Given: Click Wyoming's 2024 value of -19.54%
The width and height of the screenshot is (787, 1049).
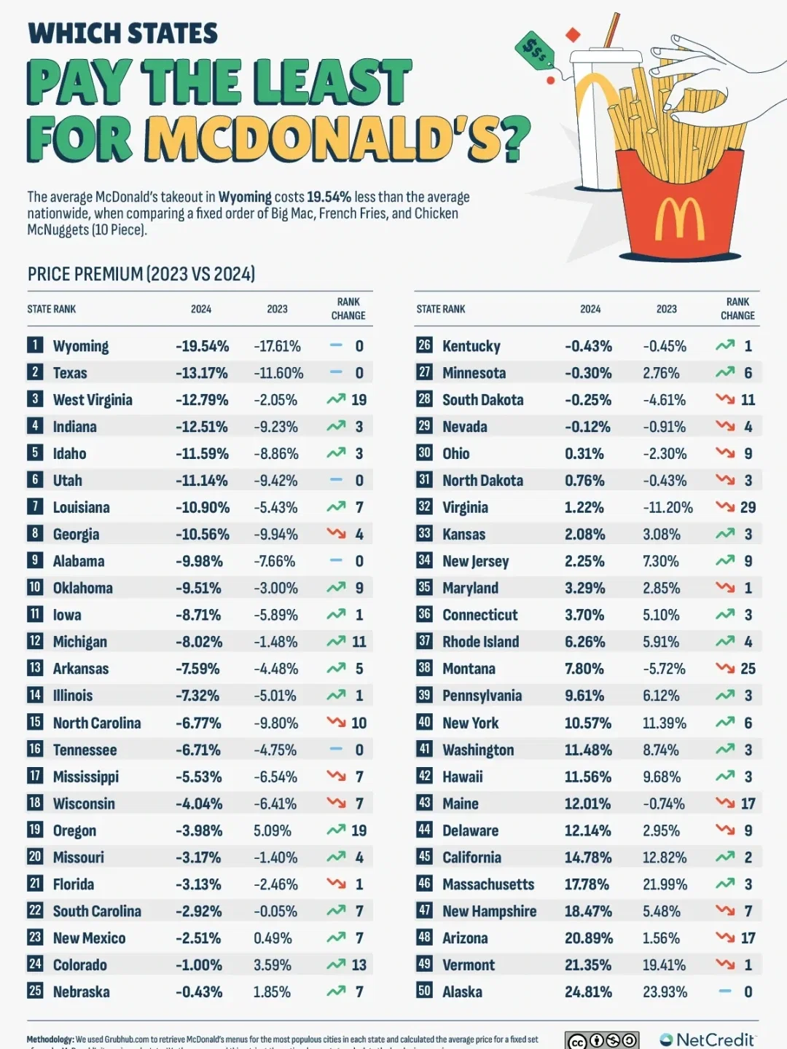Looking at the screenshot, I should [202, 346].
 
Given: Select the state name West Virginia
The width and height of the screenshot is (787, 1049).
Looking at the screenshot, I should [93, 400].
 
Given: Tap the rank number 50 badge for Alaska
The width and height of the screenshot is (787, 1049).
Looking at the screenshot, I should [424, 991].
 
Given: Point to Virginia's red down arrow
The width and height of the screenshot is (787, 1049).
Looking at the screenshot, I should [724, 507].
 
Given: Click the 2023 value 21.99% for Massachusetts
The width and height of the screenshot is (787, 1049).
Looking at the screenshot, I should [665, 884].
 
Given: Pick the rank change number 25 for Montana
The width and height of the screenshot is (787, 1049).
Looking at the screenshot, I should [748, 669].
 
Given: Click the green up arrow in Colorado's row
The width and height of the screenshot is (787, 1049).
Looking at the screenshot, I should [336, 964].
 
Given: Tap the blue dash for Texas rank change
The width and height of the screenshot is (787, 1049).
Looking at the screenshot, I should [336, 372].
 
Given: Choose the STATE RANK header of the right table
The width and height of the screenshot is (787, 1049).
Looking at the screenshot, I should [440, 309].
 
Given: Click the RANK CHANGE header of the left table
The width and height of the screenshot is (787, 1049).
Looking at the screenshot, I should [348, 309].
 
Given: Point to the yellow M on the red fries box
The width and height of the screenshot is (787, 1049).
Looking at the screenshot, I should [679, 219].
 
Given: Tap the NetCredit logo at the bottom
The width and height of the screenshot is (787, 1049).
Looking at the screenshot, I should [707, 1040].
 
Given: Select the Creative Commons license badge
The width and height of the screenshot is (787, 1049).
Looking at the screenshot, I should [602, 1040].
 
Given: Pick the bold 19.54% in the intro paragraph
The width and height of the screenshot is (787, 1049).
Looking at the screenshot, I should [329, 197].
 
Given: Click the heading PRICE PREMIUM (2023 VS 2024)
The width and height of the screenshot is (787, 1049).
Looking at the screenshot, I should [141, 274].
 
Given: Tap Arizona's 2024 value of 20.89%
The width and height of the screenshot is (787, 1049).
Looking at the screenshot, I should [588, 938].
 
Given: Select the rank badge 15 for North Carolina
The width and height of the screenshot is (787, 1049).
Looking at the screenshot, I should [35, 722].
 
